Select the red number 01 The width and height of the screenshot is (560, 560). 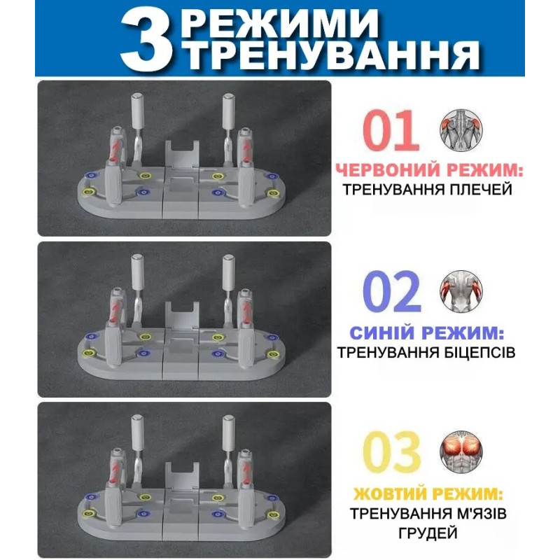391,130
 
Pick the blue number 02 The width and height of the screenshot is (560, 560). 392,292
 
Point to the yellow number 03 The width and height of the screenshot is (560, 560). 392,452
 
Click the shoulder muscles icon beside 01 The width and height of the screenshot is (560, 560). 461,130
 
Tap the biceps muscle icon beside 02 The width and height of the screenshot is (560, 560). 461,291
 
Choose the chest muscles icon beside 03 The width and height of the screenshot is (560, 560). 461,451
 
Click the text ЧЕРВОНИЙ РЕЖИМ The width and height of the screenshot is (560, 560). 429,169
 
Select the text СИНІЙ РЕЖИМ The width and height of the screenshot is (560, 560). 427,333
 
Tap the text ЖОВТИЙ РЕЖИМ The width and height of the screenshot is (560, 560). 428,494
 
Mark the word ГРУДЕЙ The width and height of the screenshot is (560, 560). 428,533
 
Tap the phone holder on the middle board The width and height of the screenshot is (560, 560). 182,316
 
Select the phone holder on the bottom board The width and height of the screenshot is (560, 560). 182,476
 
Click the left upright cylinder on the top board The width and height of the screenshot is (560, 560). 137,111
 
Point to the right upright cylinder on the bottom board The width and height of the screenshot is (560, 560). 228,432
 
